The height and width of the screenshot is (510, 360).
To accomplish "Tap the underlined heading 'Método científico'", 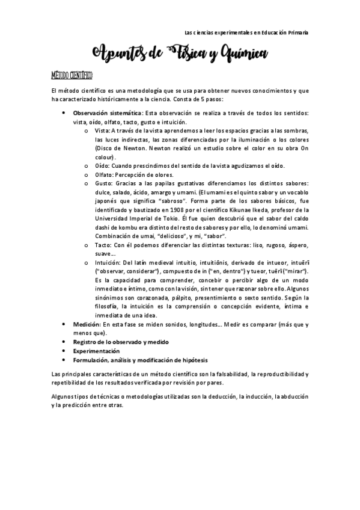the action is click(70, 75).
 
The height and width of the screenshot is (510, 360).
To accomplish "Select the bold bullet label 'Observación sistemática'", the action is click(108, 112).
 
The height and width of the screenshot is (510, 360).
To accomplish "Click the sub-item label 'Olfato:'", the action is click(106, 174).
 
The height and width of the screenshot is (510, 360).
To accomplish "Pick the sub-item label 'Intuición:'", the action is click(109, 262).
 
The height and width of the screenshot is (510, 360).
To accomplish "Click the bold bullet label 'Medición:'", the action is click(87, 324).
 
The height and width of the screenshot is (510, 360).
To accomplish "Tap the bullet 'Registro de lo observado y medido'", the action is click(121, 342).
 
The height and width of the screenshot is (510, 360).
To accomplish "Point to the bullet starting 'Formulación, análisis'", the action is click(141, 360).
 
